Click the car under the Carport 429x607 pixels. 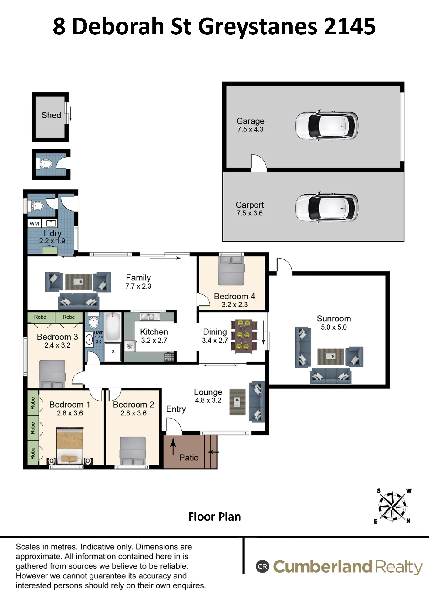[x=326, y=208]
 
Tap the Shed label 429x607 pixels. [x=51, y=115]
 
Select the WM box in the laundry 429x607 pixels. [x=34, y=224]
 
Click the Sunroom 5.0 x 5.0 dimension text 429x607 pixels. [x=334, y=327]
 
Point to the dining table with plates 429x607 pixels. [x=244, y=335]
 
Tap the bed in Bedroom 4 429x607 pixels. [x=231, y=271]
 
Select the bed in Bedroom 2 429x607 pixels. [x=133, y=451]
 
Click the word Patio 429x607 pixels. [x=189, y=458]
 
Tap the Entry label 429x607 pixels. [x=176, y=409]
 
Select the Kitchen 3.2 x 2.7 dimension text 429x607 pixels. [x=154, y=341]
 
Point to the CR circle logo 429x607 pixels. [x=262, y=566]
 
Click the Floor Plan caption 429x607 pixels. [x=214, y=517]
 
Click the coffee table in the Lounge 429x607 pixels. [x=238, y=402]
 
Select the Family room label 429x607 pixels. [x=138, y=278]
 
